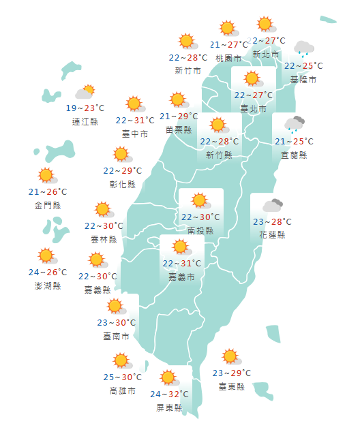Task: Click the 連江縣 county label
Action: pyautogui.click(x=85, y=121)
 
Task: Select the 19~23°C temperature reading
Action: pyautogui.click(x=85, y=108)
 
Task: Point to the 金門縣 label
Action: pyautogui.click(x=47, y=205)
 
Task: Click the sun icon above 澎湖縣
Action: pyautogui.click(x=46, y=256)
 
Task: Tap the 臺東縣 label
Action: pyautogui.click(x=232, y=386)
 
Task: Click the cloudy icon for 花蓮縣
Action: pyautogui.click(x=273, y=205)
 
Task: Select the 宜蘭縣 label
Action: pyautogui.click(x=294, y=155)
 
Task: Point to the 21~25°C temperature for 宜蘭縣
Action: pyautogui.click(x=294, y=142)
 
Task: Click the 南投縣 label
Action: pyautogui.click(x=200, y=231)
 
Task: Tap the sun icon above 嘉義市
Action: pyautogui.click(x=181, y=247)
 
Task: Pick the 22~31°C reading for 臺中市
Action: pyautogui.click(x=135, y=121)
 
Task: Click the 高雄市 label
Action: pyautogui.click(x=123, y=391)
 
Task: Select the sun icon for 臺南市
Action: pyautogui.click(x=115, y=306)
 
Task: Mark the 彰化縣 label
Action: pyautogui.click(x=123, y=184)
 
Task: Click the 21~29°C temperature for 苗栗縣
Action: pyautogui.click(x=179, y=116)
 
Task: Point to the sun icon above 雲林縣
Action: pyautogui.click(x=103, y=209)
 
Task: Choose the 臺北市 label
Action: pyautogui.click(x=254, y=108)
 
